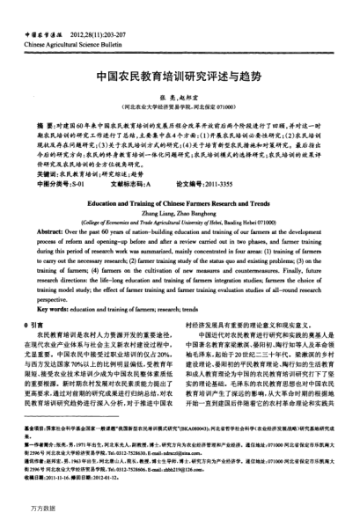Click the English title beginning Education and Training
pos(180,201)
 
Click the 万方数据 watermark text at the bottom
pos(39,508)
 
